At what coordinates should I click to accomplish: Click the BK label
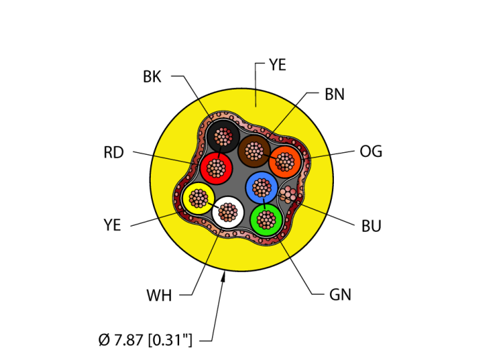point(152,76)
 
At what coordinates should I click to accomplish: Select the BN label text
point(335,94)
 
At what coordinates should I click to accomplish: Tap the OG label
point(370,151)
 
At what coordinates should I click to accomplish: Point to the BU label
point(371,226)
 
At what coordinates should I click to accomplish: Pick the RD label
point(114,152)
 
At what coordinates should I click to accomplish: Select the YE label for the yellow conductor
point(112,225)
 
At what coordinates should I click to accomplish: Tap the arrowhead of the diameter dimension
point(224,276)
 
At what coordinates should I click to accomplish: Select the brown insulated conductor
point(254,150)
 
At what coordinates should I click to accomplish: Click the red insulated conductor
point(217,167)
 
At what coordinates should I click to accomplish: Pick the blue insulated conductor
point(262,187)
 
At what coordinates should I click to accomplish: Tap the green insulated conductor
point(265,220)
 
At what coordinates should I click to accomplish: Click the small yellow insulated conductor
point(198,198)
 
